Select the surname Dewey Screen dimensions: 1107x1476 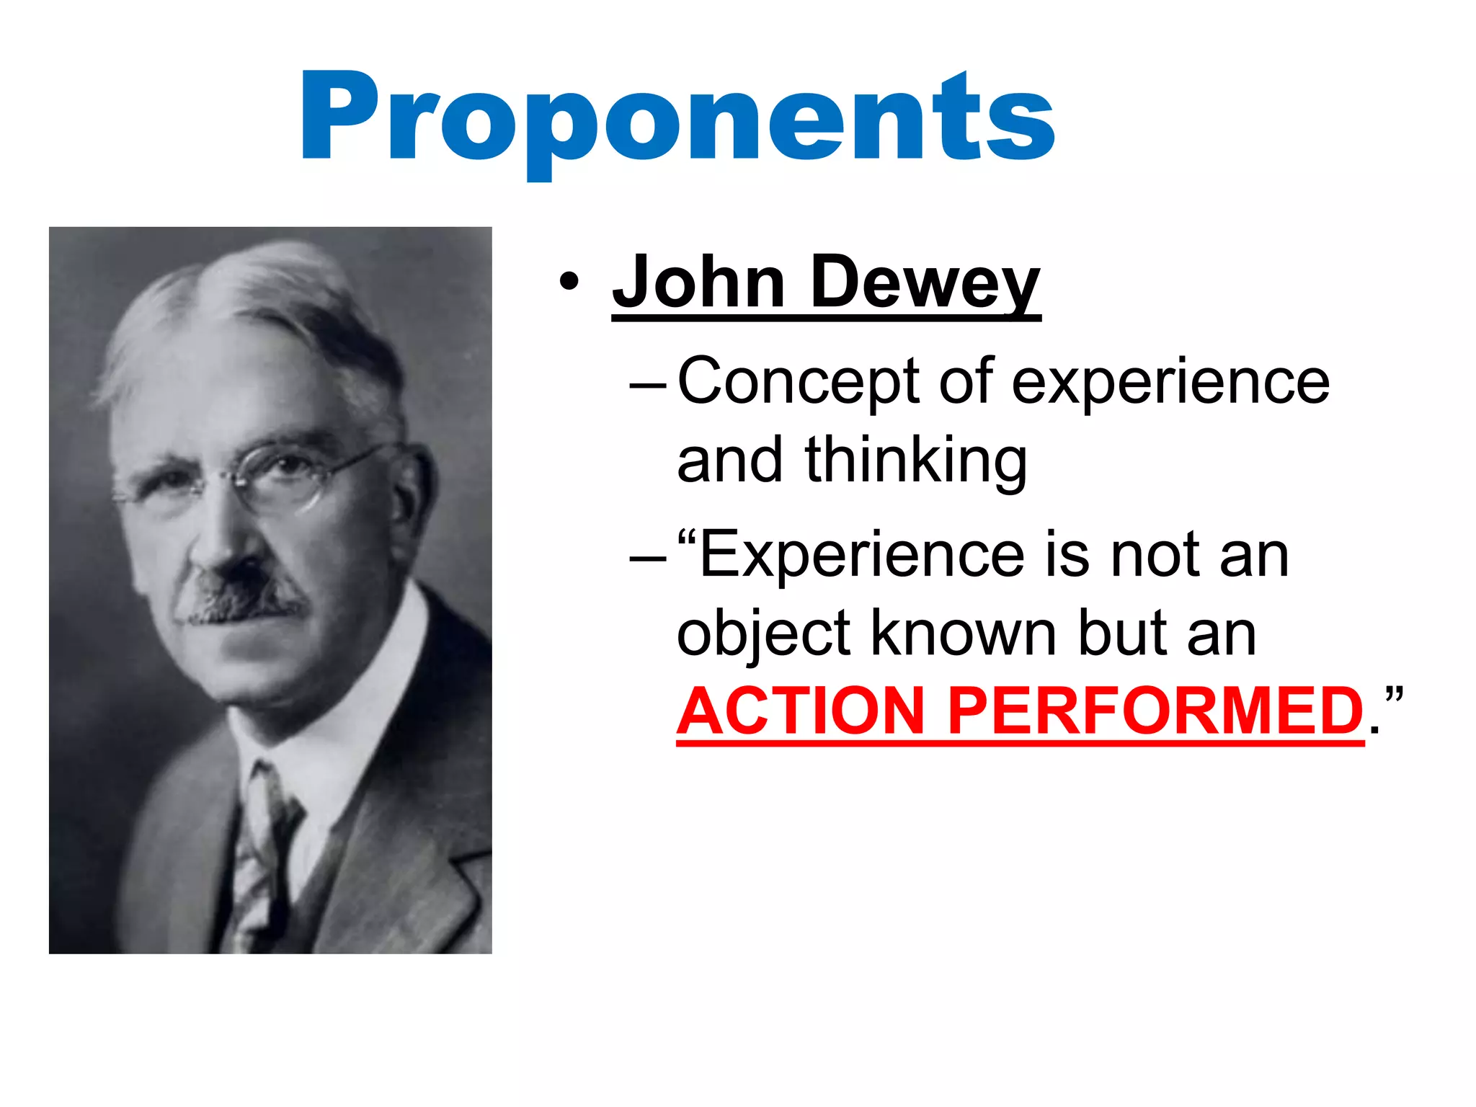925,283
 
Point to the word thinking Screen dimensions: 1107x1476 915,461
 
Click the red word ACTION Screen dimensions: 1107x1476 800,711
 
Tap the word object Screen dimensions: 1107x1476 763,634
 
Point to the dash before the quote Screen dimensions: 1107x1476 647,559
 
